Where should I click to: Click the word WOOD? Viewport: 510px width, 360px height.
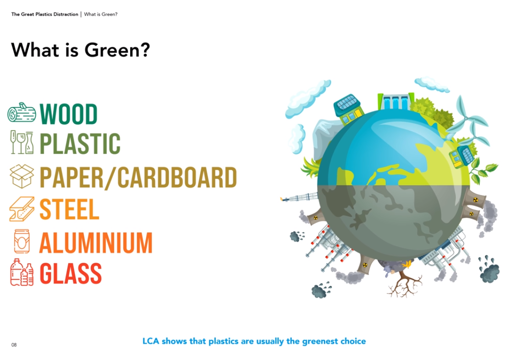coord(68,114)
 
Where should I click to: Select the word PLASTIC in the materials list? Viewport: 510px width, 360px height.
coord(80,143)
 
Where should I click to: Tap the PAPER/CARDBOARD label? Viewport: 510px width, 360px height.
coord(138,177)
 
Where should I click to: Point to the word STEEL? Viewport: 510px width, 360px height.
coord(69,209)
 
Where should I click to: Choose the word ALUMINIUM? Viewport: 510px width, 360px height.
coord(96,243)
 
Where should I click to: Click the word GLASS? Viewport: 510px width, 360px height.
coord(71,273)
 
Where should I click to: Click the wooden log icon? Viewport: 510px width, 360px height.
coord(21,113)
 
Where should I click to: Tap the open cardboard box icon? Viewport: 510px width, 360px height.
coord(22,176)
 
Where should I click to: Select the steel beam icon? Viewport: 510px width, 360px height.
coord(22,209)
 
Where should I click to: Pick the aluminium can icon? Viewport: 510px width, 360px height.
coord(22,241)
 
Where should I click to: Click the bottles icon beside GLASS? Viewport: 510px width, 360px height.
coord(22,272)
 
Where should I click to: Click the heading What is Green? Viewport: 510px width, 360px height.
coord(81,50)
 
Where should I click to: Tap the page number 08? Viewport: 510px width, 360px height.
coord(14,345)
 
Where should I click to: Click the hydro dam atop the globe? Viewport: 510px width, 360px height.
coord(396,102)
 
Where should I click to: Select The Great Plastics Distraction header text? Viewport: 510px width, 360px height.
coord(45,14)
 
